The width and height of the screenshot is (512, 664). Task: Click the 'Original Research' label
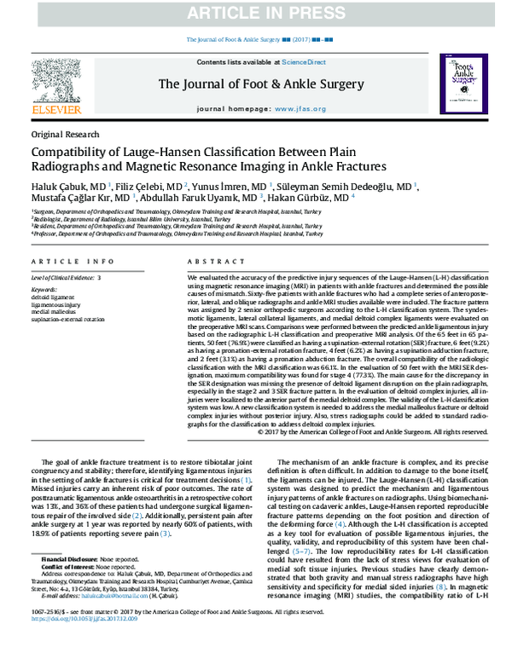pos(65,135)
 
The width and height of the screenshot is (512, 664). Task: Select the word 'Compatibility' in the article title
pos(76,152)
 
